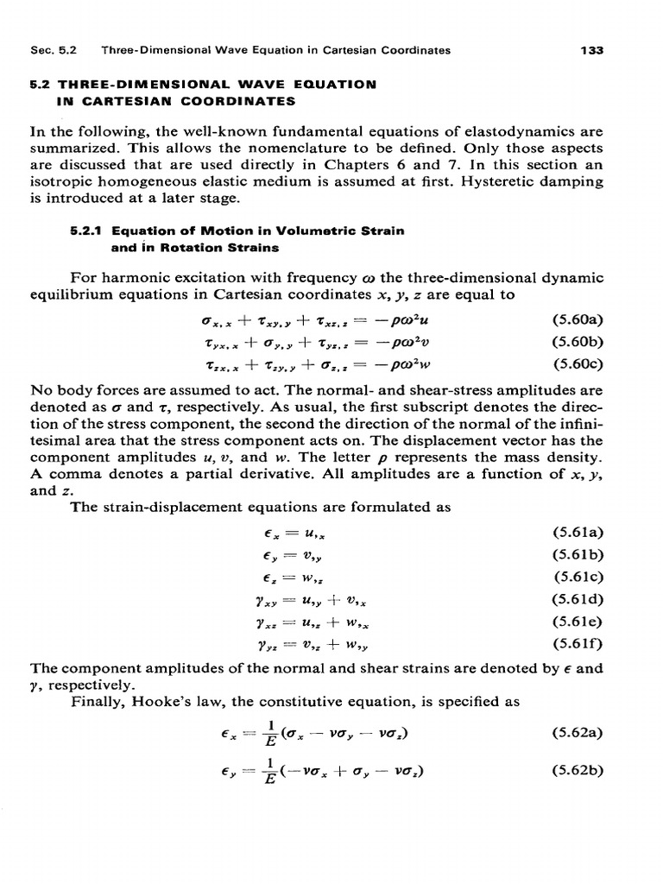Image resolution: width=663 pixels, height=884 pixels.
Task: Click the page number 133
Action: click(591, 50)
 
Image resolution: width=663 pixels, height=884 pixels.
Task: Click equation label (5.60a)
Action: click(577, 319)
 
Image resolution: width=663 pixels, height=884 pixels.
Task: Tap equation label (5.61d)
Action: click(577, 597)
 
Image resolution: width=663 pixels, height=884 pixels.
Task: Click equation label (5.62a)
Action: click(577, 734)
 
